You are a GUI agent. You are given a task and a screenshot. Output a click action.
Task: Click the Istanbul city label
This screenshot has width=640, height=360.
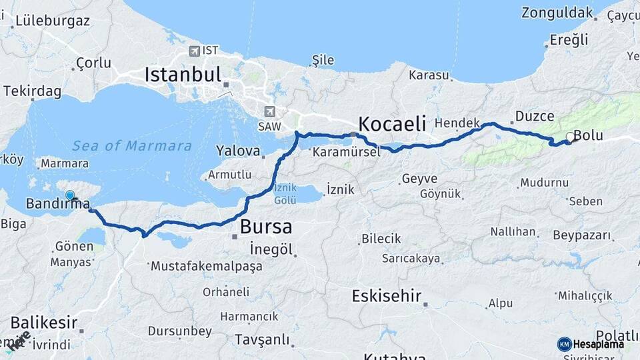click(183, 74)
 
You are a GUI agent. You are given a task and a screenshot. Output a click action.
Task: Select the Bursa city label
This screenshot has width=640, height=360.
click(266, 227)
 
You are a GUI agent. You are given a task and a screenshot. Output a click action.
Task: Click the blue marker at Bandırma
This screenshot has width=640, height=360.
click(70, 195)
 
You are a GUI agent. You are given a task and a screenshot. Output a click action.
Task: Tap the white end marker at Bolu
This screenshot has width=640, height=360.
click(569, 137)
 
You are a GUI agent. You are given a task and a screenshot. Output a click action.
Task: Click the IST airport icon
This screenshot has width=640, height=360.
click(194, 51)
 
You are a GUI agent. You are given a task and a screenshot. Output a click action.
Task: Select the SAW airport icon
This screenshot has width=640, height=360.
click(269, 112)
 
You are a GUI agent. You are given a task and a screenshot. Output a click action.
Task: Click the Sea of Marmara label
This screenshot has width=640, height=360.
click(132, 146)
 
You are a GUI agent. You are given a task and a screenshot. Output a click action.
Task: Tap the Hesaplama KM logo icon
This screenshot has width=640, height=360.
click(564, 344)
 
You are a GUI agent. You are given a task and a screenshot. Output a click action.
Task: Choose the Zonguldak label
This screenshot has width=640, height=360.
click(557, 13)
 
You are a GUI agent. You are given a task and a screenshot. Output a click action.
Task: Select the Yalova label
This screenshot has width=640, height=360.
click(237, 151)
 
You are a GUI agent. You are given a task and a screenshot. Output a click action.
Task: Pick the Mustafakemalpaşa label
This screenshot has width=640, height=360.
click(207, 266)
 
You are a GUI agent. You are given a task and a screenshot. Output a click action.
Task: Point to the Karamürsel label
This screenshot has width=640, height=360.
click(345, 152)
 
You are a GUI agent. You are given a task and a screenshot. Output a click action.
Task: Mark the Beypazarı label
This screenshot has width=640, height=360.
click(582, 235)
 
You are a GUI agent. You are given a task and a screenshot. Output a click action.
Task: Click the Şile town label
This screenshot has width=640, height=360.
click(323, 60)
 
